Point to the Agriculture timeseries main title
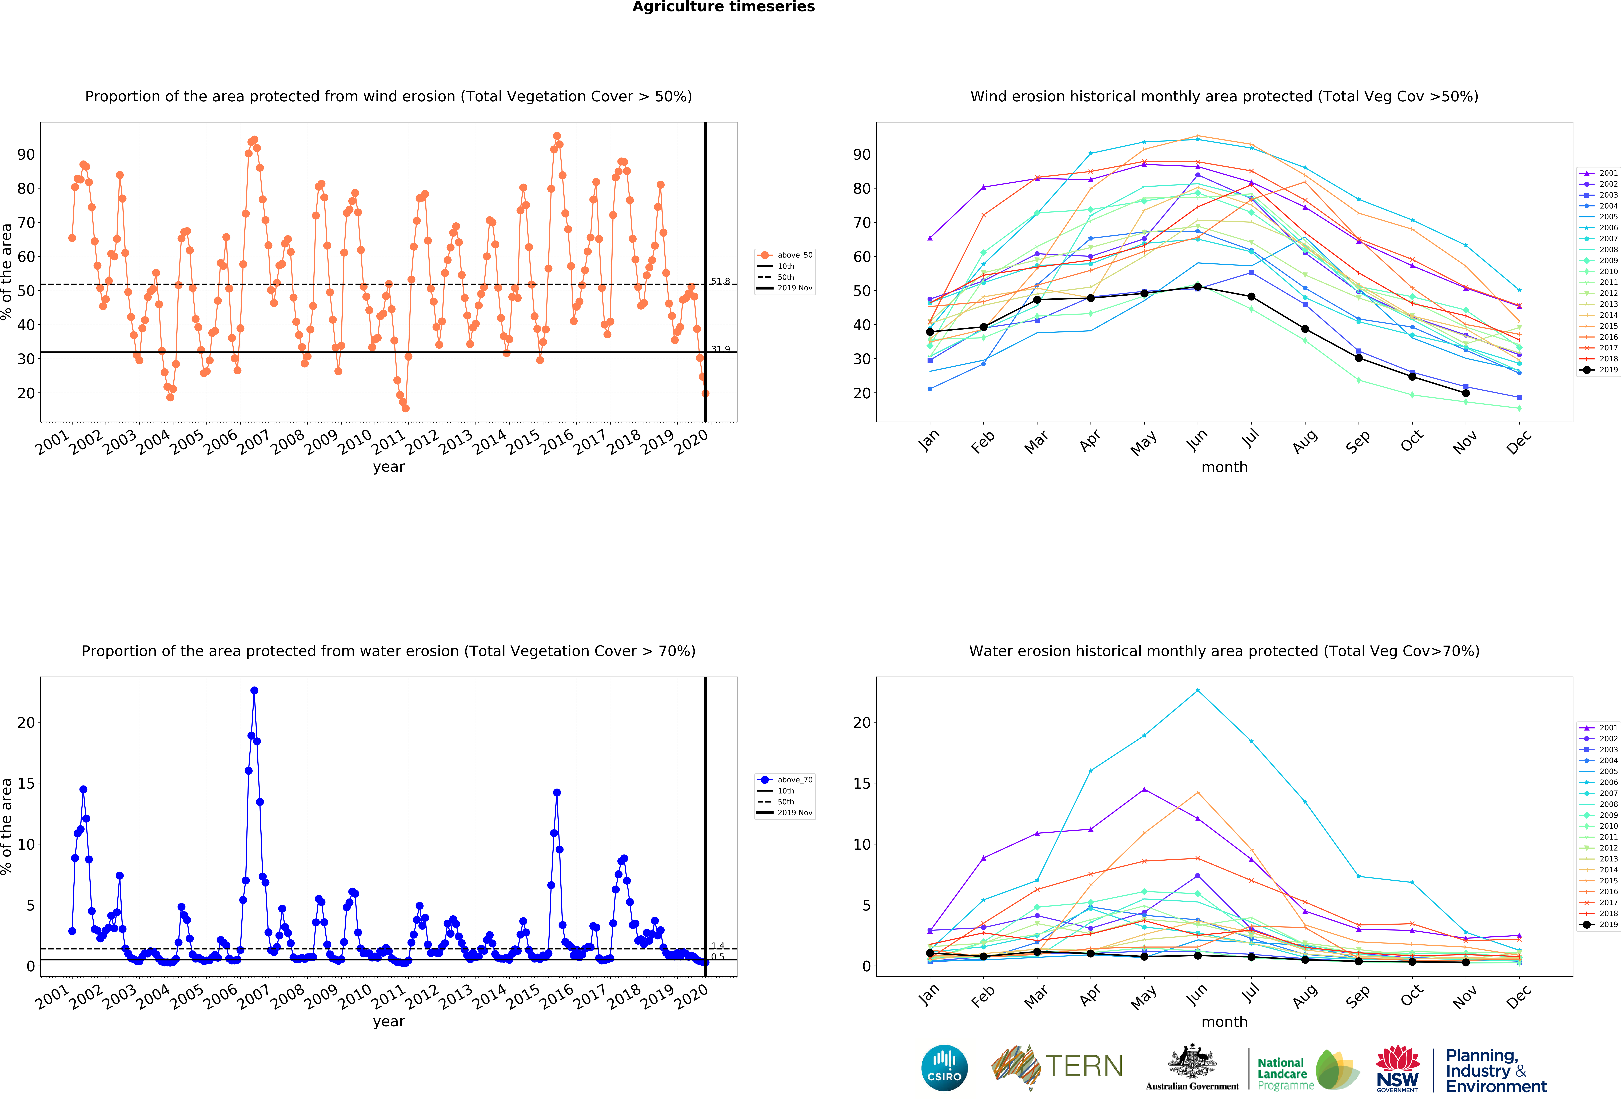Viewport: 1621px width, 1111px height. coord(723,7)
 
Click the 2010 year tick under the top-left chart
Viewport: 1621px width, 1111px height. coord(356,442)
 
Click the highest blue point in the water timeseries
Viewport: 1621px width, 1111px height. coord(254,691)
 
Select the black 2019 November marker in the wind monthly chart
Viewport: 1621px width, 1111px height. coord(1466,393)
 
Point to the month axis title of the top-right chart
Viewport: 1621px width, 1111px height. coord(1224,467)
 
